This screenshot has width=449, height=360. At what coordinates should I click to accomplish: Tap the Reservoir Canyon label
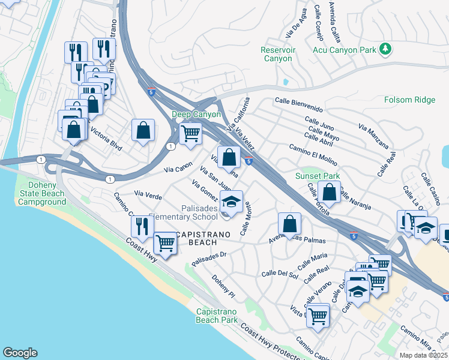(x=278, y=54)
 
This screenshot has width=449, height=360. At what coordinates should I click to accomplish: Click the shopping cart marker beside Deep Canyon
(x=190, y=133)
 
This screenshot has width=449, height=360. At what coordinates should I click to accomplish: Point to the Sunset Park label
(x=317, y=176)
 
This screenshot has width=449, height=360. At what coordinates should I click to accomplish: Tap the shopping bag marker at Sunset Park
(x=329, y=192)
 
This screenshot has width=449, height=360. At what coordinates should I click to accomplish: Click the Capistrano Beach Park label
(x=217, y=316)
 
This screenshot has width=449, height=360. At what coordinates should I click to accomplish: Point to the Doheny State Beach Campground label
(x=42, y=193)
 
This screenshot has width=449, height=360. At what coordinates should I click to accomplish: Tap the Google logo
(x=19, y=353)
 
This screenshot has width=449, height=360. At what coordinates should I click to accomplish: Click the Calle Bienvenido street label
(x=299, y=105)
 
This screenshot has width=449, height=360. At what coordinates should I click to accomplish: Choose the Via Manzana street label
(x=373, y=137)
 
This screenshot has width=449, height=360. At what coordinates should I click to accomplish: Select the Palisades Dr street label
(x=208, y=259)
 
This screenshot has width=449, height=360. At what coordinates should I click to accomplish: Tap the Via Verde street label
(x=148, y=194)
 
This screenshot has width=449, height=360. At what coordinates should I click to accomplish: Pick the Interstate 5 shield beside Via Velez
(x=249, y=159)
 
